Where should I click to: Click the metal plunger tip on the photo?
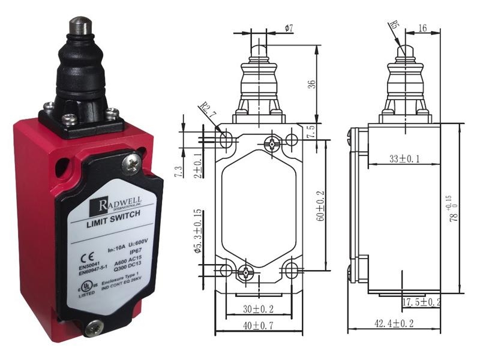(77, 26)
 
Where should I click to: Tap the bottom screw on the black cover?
(93, 328)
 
